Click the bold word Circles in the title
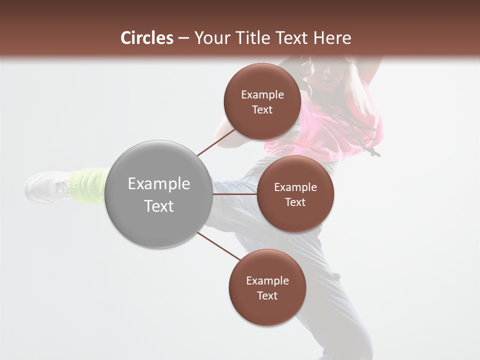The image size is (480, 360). (x=147, y=38)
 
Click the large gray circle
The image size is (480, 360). (x=159, y=194)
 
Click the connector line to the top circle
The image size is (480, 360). (x=216, y=142)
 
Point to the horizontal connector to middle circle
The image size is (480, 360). (x=234, y=194)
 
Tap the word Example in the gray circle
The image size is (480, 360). (x=159, y=184)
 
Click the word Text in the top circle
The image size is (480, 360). (x=262, y=110)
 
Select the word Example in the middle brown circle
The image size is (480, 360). (x=295, y=187)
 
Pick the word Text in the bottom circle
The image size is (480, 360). (x=267, y=295)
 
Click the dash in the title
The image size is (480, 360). (x=183, y=38)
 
